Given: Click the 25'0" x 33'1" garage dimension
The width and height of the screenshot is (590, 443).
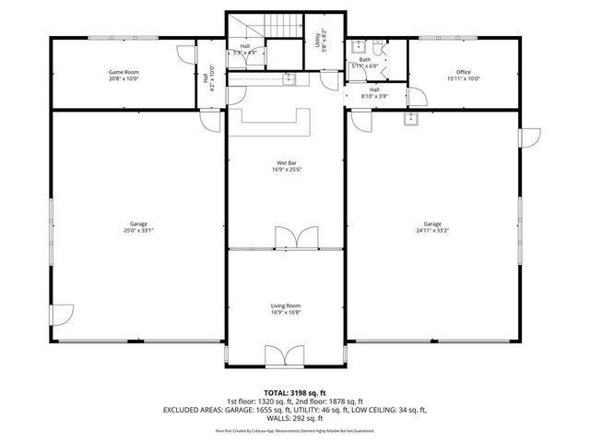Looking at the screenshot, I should (x=139, y=231).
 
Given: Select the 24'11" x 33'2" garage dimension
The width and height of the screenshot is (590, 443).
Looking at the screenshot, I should (x=432, y=231).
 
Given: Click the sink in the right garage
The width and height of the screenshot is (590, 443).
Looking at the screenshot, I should (x=409, y=117).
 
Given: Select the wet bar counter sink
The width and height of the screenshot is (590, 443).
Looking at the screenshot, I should (x=289, y=79).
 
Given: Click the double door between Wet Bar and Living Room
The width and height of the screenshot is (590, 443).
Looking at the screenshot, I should (x=287, y=238).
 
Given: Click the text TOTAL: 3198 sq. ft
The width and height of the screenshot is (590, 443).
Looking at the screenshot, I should (x=294, y=393).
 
